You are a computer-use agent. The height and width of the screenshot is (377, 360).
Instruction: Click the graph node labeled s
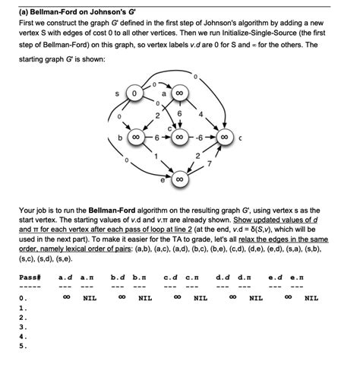click(134, 93)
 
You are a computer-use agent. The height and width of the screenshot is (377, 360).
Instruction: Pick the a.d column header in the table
click(66, 278)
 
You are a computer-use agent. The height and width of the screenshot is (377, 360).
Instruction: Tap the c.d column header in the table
click(171, 278)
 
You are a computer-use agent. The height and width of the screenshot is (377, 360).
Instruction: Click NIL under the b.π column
click(144, 299)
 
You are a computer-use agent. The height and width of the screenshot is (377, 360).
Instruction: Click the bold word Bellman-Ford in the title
click(44, 10)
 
